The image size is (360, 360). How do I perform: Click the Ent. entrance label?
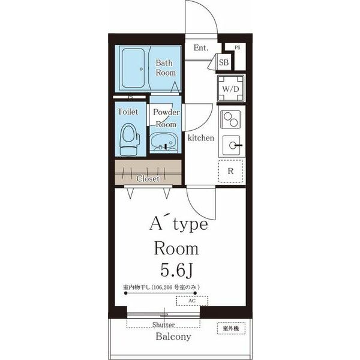pos(201,48)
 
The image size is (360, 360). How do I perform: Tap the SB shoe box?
pos(224,62)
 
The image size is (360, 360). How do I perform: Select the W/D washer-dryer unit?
pos(231,88)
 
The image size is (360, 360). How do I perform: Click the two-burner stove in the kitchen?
pos(230,119)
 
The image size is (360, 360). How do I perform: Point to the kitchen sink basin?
pos(232,145)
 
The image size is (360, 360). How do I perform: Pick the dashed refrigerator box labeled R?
pos(230,171)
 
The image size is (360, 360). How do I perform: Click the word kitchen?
pos(201,138)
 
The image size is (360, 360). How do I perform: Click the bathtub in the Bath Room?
pos(133,68)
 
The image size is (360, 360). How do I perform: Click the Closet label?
pos(148,178)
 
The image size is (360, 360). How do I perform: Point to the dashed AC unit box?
pos(192,301)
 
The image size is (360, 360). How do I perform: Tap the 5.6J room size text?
pos(176,270)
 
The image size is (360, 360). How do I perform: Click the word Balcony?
pos(173,337)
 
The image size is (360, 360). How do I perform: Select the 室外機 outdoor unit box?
pos(231,328)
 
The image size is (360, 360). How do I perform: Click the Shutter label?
pos(163,325)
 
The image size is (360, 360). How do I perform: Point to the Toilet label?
pos(128,112)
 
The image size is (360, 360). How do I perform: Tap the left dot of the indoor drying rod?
pos(125,293)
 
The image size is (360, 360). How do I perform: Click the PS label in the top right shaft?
pos(238,47)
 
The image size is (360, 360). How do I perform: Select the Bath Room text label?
pos(166,68)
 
